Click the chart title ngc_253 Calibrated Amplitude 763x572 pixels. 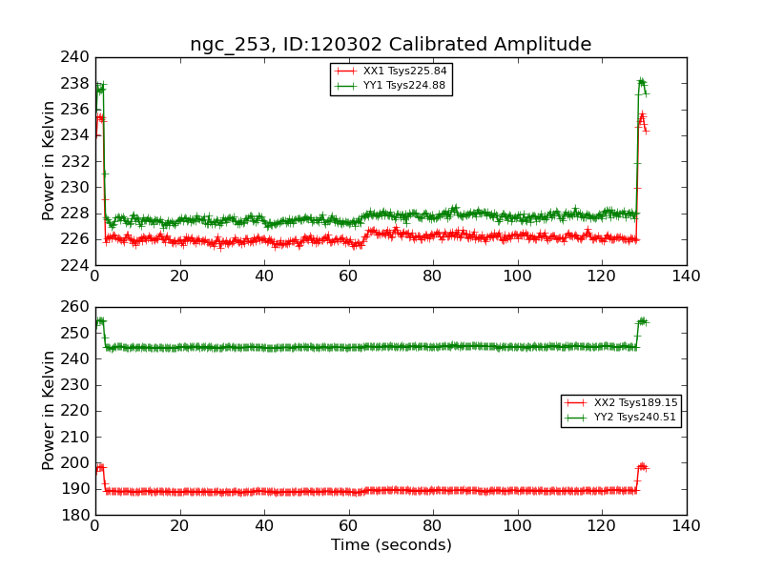point(390,44)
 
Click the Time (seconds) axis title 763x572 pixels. point(391,545)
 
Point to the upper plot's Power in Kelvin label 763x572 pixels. point(50,161)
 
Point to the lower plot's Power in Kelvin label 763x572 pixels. point(50,410)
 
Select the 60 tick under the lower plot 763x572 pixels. point(348,525)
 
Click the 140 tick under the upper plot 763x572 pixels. point(686,276)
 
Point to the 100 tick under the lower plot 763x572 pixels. point(517,525)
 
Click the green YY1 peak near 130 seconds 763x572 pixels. point(641,82)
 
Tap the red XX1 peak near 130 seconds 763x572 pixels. point(642,116)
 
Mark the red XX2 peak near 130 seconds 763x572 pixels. point(642,466)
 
